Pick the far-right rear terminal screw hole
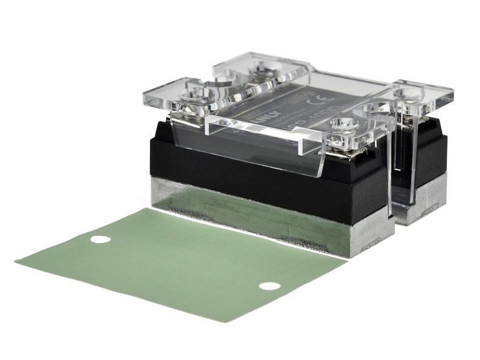[x=413, y=94]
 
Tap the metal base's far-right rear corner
[x=444, y=198]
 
